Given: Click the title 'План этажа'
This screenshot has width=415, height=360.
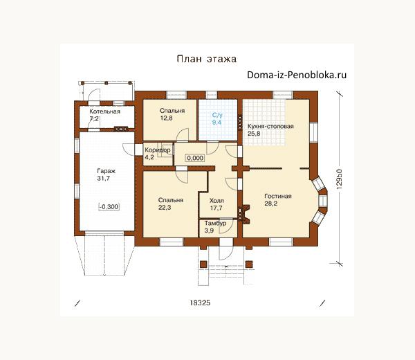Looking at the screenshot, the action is click(206, 59).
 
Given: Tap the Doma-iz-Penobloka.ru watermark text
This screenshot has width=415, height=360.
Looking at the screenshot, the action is click(297, 75).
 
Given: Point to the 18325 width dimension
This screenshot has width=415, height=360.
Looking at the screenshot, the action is click(200, 303).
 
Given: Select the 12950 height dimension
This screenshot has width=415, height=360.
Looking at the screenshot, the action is click(340, 179).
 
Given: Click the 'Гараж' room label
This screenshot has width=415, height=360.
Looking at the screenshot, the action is click(107, 171).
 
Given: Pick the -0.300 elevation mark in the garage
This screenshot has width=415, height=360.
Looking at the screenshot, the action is click(109, 206).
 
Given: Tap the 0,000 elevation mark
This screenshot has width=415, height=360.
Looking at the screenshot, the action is click(195, 158).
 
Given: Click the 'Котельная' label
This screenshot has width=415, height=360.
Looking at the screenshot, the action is click(105, 111).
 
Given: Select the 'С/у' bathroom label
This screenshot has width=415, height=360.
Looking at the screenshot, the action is click(217, 115).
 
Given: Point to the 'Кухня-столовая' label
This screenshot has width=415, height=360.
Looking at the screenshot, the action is click(270, 126).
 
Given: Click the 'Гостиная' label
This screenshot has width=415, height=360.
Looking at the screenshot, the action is click(278, 196).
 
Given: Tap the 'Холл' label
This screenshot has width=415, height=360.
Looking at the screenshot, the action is click(216, 201).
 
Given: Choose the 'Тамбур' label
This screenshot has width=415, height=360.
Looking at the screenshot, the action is click(215, 224).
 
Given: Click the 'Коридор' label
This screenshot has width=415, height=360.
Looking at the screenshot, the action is click(158, 150).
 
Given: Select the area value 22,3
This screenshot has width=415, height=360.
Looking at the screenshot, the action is click(165, 208).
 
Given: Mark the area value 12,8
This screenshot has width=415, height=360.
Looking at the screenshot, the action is click(167, 118).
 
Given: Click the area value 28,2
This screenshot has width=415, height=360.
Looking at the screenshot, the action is click(271, 204).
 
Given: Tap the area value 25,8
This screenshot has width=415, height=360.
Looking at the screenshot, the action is click(254, 134).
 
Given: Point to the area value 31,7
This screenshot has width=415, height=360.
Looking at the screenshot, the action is click(104, 179).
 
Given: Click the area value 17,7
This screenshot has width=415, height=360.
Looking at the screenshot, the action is click(216, 208).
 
